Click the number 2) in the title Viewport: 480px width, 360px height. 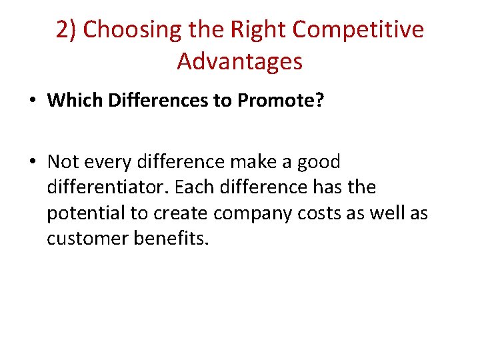pos(67,31)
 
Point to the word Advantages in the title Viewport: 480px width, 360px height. pos(240,62)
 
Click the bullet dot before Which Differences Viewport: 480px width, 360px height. pos(32,101)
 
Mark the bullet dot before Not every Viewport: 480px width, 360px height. pos(32,162)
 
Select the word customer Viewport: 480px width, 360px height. pos(86,239)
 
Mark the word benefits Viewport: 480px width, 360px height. pos(172,239)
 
